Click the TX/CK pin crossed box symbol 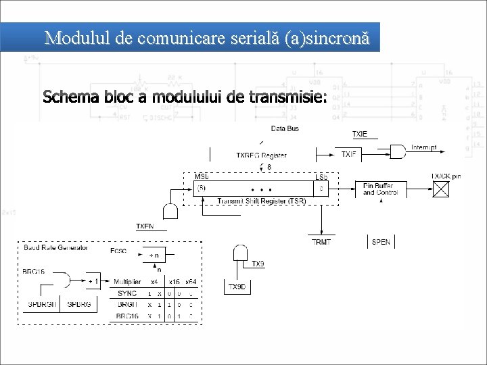pos(442,189)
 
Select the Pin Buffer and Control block pos(382,189)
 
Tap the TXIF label pos(349,155)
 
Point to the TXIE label pos(361,134)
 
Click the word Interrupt pos(424,147)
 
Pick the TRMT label pos(321,241)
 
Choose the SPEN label pos(381,242)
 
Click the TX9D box pos(237,287)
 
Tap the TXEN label pos(145,226)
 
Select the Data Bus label pos(285,128)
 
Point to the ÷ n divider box pos(155,255)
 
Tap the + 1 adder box pos(94,280)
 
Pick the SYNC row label pos(126,293)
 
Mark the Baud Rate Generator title pos(55,248)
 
